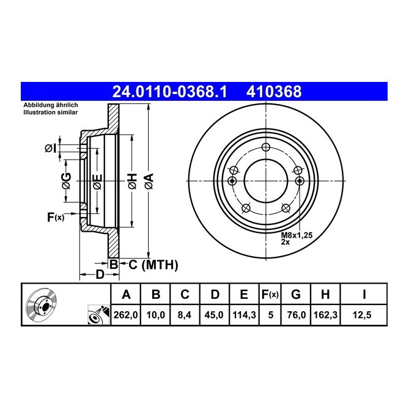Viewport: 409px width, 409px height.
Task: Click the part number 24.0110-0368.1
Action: pos(169,92)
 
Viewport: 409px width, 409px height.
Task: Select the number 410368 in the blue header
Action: pos(273,92)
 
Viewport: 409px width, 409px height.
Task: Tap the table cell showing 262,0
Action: pos(126,315)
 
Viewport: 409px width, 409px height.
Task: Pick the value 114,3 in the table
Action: pos(243,315)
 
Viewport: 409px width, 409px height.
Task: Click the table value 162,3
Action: pos(325,315)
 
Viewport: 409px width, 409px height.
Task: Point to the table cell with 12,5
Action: pos(364,315)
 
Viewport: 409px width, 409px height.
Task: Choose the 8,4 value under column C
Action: pos(185,315)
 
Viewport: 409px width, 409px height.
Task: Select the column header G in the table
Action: pos(296,295)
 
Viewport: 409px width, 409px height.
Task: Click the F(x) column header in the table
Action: pos(269,295)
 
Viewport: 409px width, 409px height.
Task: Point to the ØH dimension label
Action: pos(131,180)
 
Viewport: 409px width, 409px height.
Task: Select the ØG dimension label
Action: pos(67,180)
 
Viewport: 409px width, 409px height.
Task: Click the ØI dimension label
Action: pos(50,147)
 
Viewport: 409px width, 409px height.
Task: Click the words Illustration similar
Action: pos(50,113)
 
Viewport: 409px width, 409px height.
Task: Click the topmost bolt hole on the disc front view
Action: pos(265,147)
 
